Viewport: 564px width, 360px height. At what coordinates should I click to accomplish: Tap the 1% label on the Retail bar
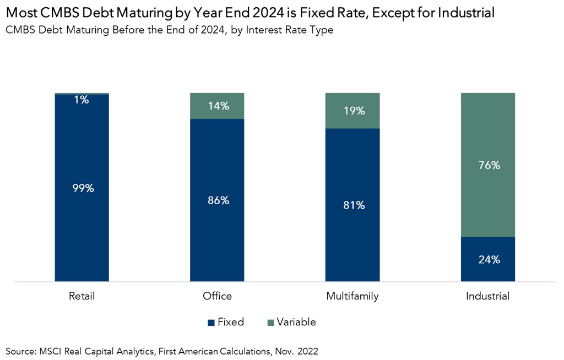tap(82, 100)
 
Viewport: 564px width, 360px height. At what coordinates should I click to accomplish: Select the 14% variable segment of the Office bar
tap(217, 106)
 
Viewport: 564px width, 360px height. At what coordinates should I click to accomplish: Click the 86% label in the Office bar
tap(217, 200)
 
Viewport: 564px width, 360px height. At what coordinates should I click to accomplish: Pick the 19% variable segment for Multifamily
tap(352, 111)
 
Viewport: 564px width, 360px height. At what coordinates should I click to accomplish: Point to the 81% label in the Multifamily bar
tap(352, 205)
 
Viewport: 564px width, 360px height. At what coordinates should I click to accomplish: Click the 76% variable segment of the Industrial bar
tap(488, 165)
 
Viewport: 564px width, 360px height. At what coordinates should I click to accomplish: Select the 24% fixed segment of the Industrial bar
tap(488, 259)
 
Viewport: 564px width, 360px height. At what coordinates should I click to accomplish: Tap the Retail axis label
tap(82, 296)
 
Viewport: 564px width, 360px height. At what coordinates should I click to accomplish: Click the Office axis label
tap(217, 296)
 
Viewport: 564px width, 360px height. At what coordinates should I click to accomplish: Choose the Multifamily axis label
tap(352, 296)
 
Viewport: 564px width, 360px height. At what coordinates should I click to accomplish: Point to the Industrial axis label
tap(488, 296)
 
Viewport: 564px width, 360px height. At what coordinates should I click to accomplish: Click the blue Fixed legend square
tap(211, 322)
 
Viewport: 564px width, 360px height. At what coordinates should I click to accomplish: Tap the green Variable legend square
tap(270, 322)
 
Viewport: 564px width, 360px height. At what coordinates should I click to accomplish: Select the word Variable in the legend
tap(296, 322)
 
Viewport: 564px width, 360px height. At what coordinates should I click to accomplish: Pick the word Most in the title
tap(21, 13)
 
